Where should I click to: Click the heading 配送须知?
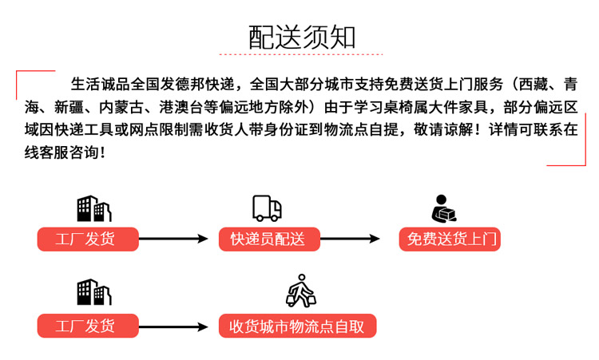pos(302,38)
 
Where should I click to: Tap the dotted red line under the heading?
pos(301,54)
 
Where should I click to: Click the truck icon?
pos(267,208)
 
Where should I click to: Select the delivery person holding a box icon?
pos(444,208)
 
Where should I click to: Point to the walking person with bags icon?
pos(301,291)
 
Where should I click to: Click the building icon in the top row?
pos(94,208)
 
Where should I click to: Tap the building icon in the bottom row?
pos(94,292)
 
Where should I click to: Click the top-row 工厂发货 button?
pos(88,239)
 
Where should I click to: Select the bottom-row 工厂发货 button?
pos(88,326)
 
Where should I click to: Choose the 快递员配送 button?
pos(269,239)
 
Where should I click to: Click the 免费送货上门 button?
pos(450,239)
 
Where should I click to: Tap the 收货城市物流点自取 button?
pos(297,326)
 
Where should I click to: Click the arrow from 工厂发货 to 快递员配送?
pos(173,239)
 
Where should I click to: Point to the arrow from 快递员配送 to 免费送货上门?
pos(350,239)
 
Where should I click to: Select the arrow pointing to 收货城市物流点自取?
pos(173,326)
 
